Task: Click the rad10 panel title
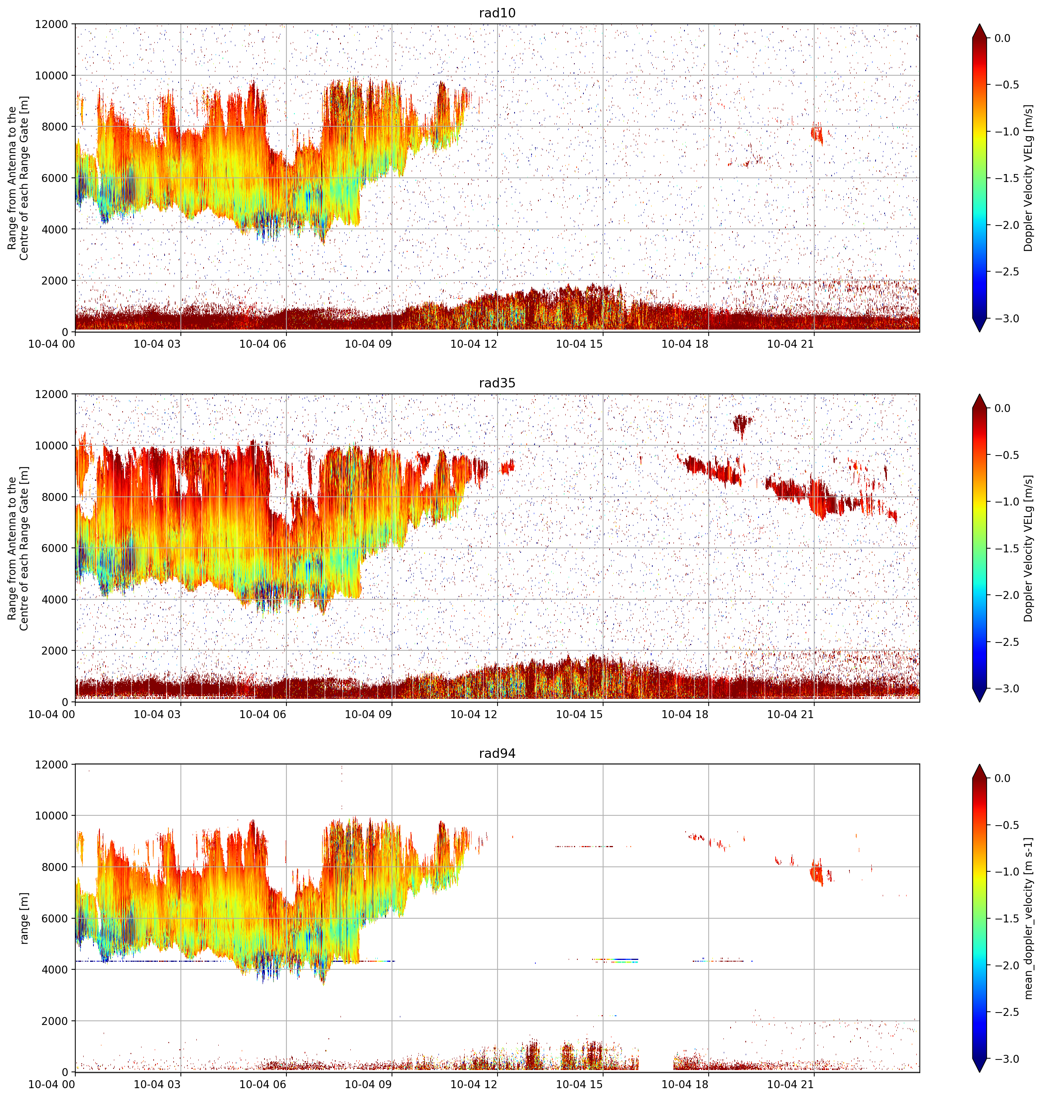[497, 13]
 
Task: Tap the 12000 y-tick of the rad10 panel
[51, 25]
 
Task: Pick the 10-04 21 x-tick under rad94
[790, 1084]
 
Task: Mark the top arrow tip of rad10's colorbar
[980, 24]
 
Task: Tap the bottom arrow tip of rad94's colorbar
[980, 1072]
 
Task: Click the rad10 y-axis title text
[18, 178]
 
